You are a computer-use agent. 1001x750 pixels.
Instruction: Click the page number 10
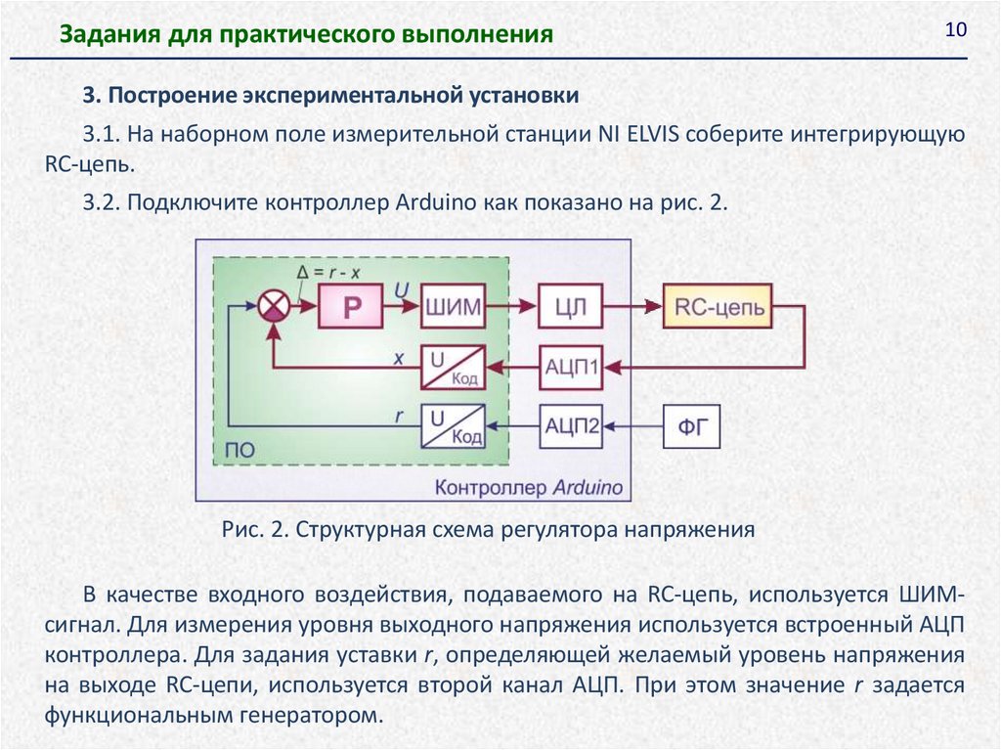coord(955,30)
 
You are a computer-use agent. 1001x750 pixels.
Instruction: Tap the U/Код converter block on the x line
coord(453,368)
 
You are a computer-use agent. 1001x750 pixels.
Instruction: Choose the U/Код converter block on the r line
coord(453,425)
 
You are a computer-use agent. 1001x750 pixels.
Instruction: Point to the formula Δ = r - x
coord(329,272)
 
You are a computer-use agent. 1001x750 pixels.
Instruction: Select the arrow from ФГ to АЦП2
coord(634,425)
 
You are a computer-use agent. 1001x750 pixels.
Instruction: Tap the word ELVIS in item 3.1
coord(656,135)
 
